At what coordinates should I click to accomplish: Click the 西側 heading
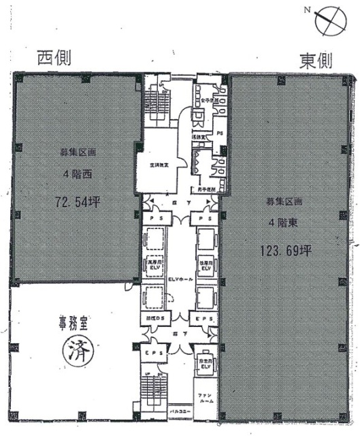(x=54, y=59)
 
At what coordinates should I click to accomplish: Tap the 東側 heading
(x=315, y=61)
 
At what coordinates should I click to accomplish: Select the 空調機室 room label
(x=160, y=164)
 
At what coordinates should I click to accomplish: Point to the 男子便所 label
(x=206, y=189)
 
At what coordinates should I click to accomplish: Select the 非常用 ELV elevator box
(x=204, y=364)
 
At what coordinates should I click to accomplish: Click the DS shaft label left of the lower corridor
(x=154, y=317)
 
